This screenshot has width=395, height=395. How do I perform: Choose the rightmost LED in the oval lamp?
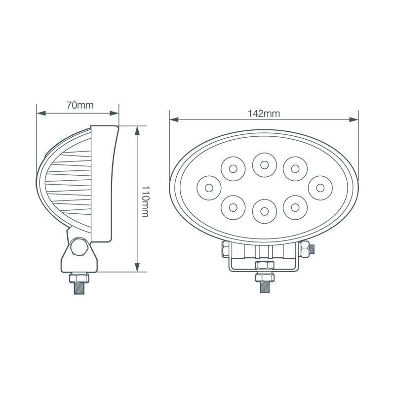(319, 187)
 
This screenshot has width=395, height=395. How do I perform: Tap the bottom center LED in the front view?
(264, 211)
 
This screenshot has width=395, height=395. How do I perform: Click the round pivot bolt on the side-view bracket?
(79, 247)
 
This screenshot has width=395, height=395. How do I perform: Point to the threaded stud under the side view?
(79, 286)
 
